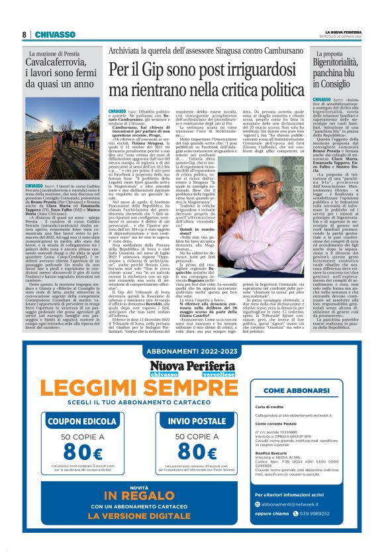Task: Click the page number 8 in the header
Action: click(x=23, y=34)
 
